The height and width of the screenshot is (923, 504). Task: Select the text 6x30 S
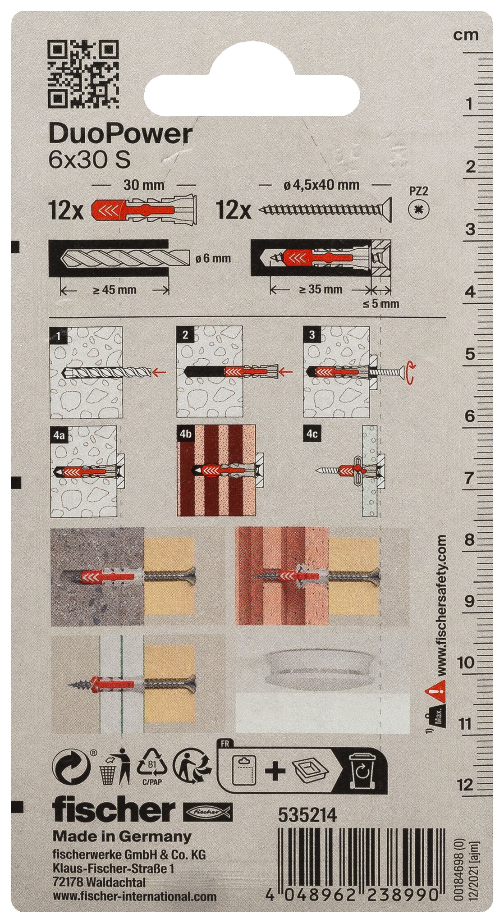[89, 160]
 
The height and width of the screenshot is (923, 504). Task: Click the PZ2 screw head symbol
[419, 210]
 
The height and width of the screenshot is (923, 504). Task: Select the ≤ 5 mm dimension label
[381, 304]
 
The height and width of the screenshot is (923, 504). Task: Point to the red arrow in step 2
[286, 372]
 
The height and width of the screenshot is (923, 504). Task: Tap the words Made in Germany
[122, 837]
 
